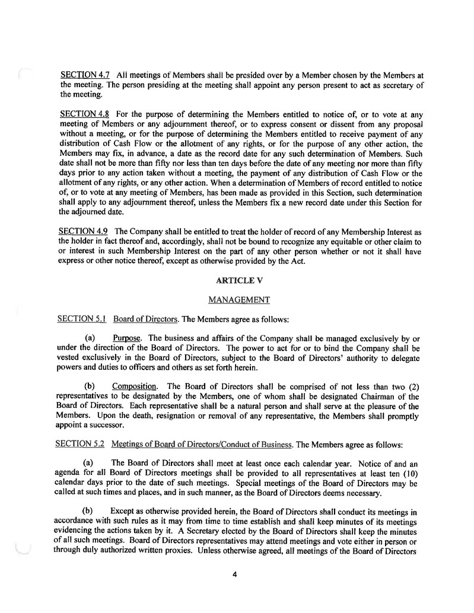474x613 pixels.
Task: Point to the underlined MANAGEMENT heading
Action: coord(240,299)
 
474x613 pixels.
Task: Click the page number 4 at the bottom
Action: coord(236,573)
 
